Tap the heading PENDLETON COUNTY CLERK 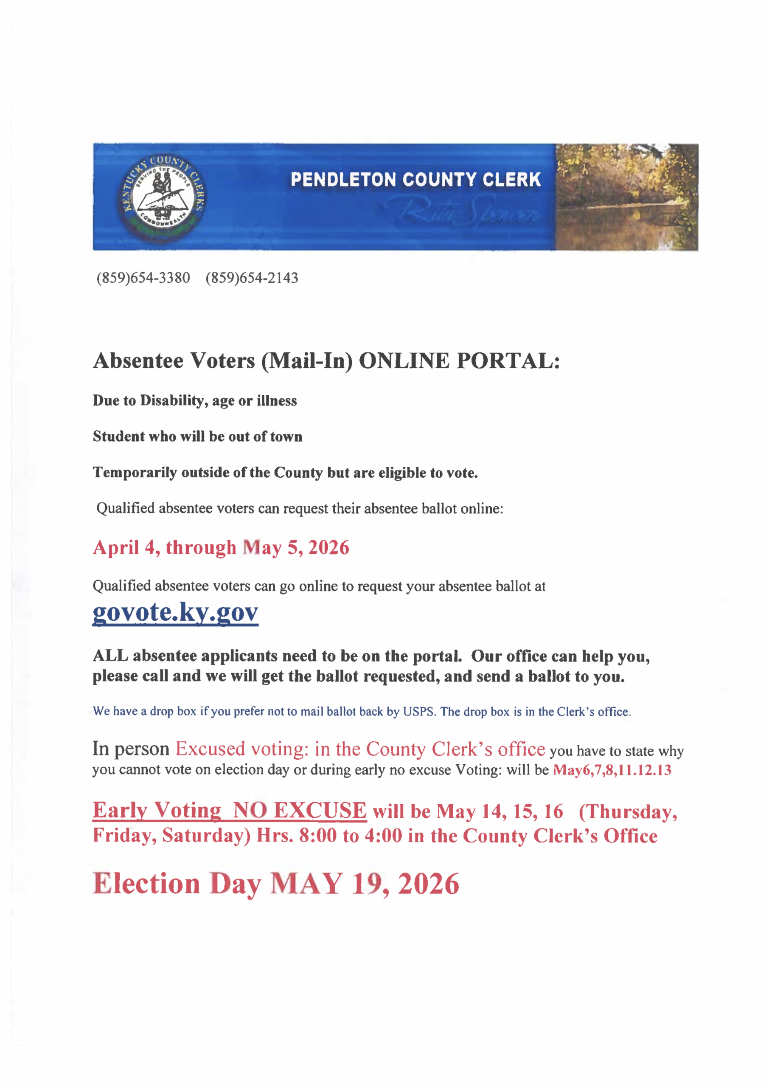tap(415, 180)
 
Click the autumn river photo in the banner tap(626, 197)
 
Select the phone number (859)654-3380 tap(143, 278)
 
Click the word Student tap(119, 436)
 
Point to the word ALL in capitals tap(110, 656)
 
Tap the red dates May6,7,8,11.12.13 tap(612, 770)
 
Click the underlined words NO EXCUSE tap(299, 811)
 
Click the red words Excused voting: tap(242, 749)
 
